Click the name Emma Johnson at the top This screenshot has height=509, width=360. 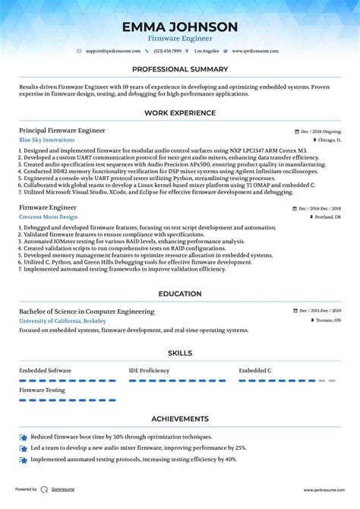pyautogui.click(x=180, y=27)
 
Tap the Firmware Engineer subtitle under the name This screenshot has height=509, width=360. pyautogui.click(x=180, y=38)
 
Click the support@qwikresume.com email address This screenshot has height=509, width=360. pyautogui.click(x=114, y=51)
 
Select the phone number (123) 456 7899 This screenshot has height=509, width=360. pyautogui.click(x=168, y=51)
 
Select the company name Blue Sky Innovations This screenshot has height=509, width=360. pyautogui.click(x=47, y=141)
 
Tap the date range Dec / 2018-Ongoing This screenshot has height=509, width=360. pyautogui.click(x=320, y=131)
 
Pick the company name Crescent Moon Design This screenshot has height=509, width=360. pyautogui.click(x=48, y=217)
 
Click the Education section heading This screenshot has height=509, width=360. pyautogui.click(x=180, y=293)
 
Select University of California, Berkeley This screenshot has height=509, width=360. pyautogui.click(x=62, y=321)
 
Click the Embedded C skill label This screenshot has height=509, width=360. pyautogui.click(x=255, y=370)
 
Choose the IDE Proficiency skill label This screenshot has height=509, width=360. pyautogui.click(x=150, y=370)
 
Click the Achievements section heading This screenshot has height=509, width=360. pyautogui.click(x=180, y=419)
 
